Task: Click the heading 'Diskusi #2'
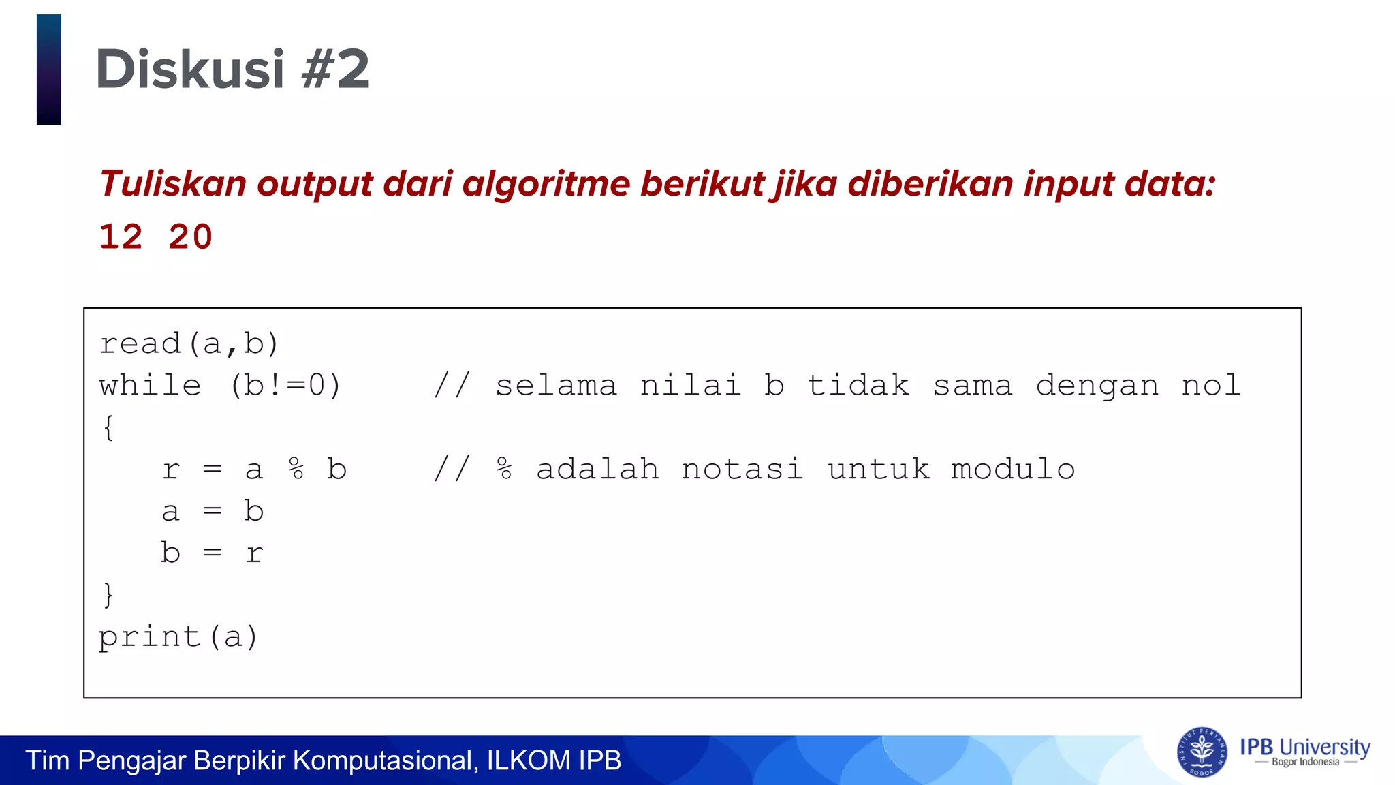(x=232, y=70)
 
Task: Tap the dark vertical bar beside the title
(x=49, y=70)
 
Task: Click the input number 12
(x=121, y=238)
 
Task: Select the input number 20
(x=191, y=238)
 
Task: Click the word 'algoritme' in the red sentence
(x=546, y=184)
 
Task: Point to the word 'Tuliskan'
(x=173, y=184)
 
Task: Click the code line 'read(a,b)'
(x=189, y=344)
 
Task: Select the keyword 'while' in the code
(x=151, y=386)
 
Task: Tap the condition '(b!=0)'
(x=285, y=386)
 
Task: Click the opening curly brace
(x=108, y=428)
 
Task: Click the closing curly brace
(x=108, y=595)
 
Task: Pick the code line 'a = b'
(x=213, y=511)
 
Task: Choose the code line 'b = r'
(x=213, y=553)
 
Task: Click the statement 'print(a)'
(x=178, y=637)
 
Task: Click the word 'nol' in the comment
(x=1211, y=386)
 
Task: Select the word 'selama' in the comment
(x=556, y=386)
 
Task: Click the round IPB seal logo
(x=1202, y=752)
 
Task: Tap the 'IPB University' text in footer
(x=1304, y=747)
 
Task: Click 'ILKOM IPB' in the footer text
(x=554, y=760)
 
